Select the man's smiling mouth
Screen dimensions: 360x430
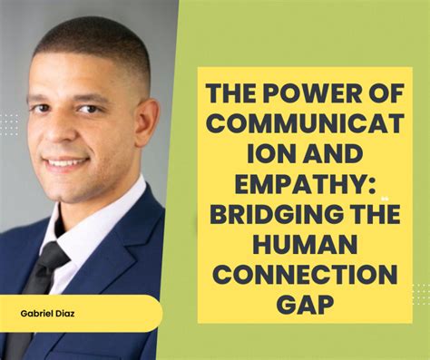click(69, 163)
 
